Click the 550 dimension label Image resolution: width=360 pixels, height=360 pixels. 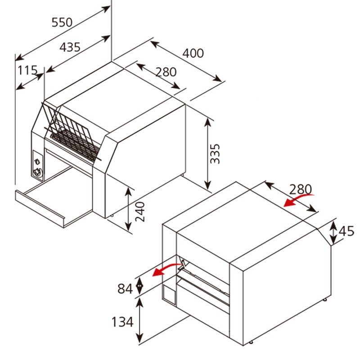tap(62, 22)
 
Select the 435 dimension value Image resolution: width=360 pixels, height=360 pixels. tap(70, 46)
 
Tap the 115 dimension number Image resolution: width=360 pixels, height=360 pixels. tap(27, 70)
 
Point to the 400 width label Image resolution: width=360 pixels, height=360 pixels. tap(193, 53)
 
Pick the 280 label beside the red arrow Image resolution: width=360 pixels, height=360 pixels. tap(299, 189)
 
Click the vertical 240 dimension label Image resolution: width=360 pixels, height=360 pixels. tap(140, 211)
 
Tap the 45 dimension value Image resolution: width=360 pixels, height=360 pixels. tap(346, 231)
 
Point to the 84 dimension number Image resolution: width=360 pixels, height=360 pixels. tap(126, 288)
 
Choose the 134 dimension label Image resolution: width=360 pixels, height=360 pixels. tap(123, 322)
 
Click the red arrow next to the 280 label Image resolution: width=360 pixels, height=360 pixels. tap(298, 200)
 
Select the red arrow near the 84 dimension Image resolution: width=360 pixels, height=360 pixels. tap(164, 269)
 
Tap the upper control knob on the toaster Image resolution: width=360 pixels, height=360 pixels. tap(37, 161)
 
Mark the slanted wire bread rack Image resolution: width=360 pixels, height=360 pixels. tap(72, 130)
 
